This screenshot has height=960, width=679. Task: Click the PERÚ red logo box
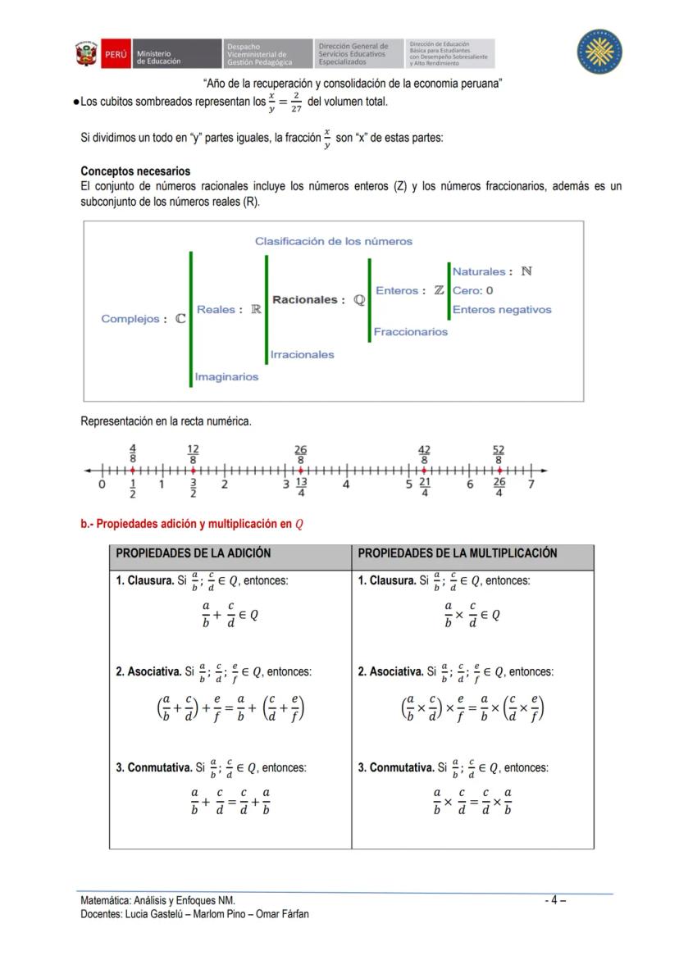click(x=114, y=54)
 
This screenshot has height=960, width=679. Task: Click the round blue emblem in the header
click(x=599, y=52)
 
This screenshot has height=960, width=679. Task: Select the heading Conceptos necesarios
click(x=135, y=171)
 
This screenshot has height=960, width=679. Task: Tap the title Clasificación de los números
click(x=333, y=241)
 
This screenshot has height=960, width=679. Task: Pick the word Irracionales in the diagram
click(x=303, y=354)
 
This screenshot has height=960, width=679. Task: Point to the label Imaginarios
click(x=226, y=376)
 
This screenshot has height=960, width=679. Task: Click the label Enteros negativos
click(x=502, y=309)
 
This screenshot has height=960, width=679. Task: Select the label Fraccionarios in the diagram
click(x=411, y=331)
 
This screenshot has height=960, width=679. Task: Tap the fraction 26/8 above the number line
click(x=300, y=455)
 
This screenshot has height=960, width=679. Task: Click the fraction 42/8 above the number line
click(x=424, y=455)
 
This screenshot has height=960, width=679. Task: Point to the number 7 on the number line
click(x=531, y=485)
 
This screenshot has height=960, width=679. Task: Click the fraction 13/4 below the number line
click(x=301, y=487)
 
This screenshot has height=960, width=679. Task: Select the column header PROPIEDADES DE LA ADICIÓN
click(x=193, y=553)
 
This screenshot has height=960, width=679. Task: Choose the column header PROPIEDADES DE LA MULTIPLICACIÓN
click(x=457, y=553)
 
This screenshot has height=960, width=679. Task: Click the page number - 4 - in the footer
click(x=555, y=899)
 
